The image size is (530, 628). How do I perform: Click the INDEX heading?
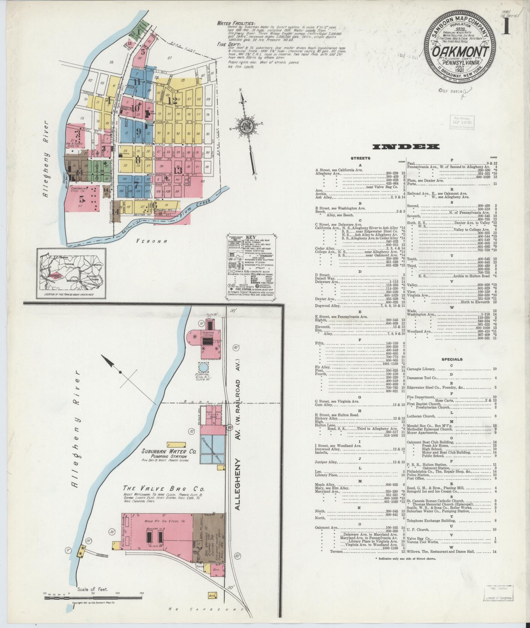pyautogui.click(x=406, y=146)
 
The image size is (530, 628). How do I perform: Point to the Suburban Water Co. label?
pyautogui.click(x=169, y=452)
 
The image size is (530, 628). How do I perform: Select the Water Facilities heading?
pyautogui.click(x=236, y=23)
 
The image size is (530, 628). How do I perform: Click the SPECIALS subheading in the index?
pyautogui.click(x=451, y=359)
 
